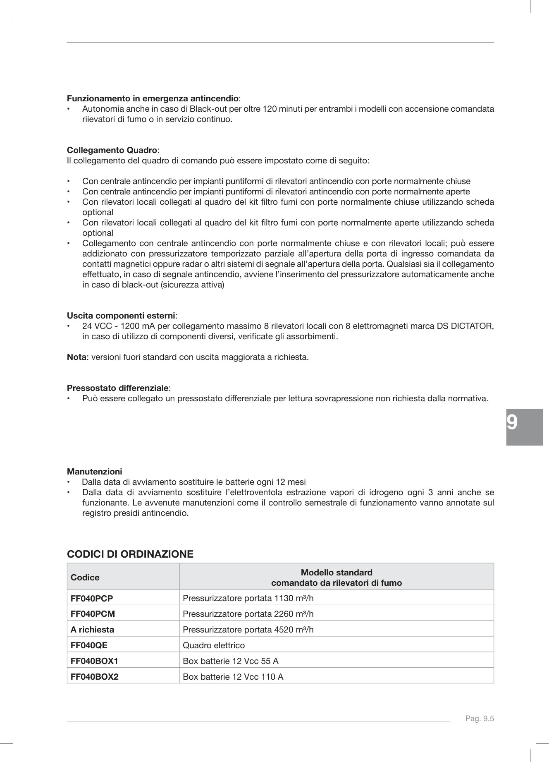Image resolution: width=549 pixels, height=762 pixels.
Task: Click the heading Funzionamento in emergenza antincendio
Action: (x=153, y=98)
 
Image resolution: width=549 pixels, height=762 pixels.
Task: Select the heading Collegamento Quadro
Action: (x=112, y=150)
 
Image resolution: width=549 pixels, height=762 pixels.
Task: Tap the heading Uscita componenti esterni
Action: (x=121, y=316)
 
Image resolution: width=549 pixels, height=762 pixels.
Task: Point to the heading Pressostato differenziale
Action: (x=118, y=388)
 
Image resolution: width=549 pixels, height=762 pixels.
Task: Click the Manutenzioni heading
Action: (x=95, y=471)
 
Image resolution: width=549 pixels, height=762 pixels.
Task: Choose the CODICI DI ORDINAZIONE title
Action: (x=130, y=554)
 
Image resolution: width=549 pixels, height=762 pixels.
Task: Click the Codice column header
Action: (x=85, y=577)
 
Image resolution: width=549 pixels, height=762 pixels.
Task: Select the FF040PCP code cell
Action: (x=92, y=598)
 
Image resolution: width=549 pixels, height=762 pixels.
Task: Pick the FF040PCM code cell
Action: (x=93, y=614)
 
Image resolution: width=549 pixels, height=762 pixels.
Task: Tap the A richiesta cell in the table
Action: (x=92, y=630)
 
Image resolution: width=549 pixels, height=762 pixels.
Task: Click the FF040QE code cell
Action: (x=89, y=645)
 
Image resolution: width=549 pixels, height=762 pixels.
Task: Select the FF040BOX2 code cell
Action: (x=94, y=677)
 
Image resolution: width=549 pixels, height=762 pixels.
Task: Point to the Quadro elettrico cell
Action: (x=214, y=645)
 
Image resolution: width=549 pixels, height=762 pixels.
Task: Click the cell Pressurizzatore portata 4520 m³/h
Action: (x=248, y=630)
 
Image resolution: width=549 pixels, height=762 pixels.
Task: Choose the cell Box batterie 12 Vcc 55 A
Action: (x=231, y=661)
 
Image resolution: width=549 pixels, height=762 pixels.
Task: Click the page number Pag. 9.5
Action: (x=480, y=719)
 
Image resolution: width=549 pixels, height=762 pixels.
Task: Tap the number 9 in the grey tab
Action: (x=512, y=423)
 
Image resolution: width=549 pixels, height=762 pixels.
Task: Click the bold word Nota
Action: (x=76, y=357)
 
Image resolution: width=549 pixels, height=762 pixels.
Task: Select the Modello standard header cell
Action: (x=336, y=577)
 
